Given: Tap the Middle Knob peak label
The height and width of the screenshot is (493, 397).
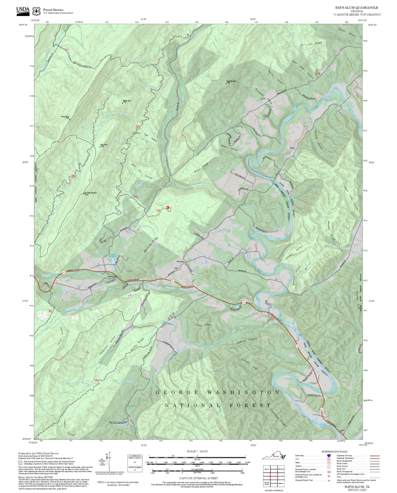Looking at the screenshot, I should (126, 101).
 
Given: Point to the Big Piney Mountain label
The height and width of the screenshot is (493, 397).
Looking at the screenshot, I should (90, 193).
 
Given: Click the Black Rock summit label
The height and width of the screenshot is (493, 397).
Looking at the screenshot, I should (104, 145).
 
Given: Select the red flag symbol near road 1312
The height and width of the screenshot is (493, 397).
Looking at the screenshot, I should (168, 207).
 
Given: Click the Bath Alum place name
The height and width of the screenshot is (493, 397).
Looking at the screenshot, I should (112, 276).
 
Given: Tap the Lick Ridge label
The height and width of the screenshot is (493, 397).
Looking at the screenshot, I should (315, 43).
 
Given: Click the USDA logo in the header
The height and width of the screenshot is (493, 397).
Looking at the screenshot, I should (23, 10).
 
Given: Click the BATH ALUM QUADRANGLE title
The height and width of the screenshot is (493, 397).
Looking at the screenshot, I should (356, 8).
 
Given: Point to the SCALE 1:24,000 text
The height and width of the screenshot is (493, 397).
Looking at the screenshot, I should (197, 451).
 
